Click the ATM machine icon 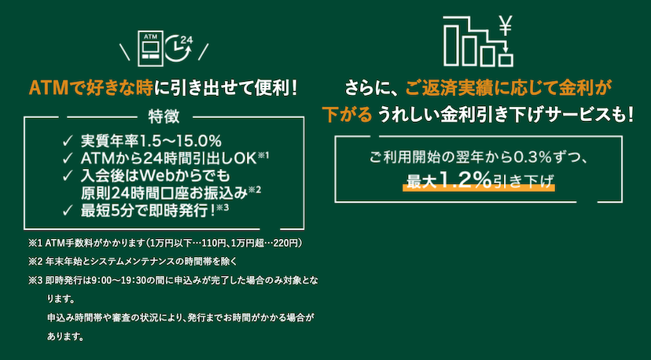149,47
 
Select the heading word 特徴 164,117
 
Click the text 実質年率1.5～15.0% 151,141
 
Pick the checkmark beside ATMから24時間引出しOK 68,159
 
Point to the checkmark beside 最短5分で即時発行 68,211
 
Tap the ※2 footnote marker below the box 35,262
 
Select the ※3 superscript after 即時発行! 223,208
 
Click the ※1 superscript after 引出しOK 264,156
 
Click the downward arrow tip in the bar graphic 506,53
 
